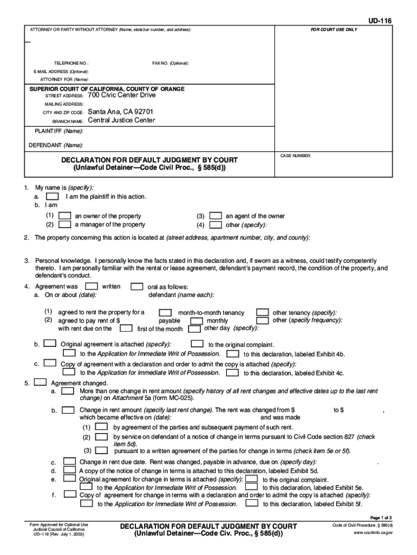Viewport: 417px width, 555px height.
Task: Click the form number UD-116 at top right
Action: [x=380, y=21]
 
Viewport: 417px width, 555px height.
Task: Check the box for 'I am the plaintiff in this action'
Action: [x=53, y=196]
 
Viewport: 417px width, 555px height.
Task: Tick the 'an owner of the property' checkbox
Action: [x=64, y=216]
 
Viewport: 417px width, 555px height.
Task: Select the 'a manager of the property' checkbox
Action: [x=64, y=224]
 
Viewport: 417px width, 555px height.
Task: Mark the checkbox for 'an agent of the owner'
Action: [x=216, y=216]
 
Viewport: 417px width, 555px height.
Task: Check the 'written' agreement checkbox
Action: [x=92, y=286]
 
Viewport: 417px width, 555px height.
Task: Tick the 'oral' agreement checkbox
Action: [x=138, y=286]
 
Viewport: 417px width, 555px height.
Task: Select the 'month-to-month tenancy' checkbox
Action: [x=165, y=313]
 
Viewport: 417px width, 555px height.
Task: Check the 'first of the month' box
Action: [x=126, y=328]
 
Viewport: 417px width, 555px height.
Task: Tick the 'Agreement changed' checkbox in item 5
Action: [x=40, y=382]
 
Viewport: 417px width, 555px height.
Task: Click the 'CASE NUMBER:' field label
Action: [x=295, y=156]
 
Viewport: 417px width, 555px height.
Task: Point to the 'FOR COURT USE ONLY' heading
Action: [x=334, y=29]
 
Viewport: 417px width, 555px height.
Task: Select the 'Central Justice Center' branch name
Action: [x=121, y=120]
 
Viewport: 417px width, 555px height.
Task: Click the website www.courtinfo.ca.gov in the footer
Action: [x=373, y=533]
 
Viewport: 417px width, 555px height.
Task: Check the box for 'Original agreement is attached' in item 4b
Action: [x=49, y=343]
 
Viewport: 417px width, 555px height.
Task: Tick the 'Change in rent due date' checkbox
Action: [x=69, y=461]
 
